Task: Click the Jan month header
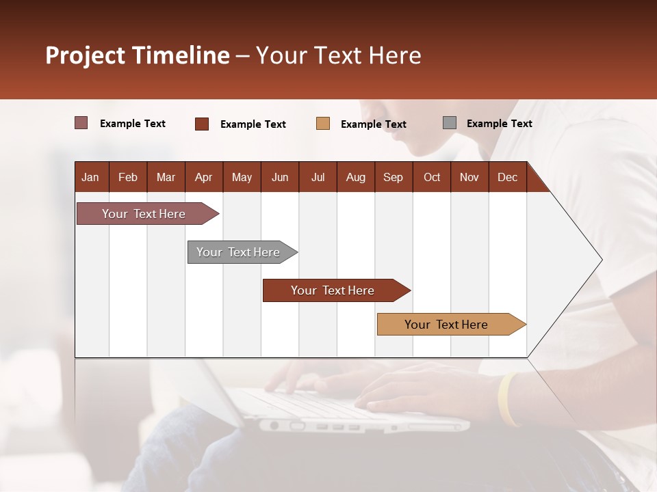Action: tap(90, 177)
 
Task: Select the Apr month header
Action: tap(203, 177)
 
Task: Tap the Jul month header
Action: tap(318, 177)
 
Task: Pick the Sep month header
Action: tap(393, 177)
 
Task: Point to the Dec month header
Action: tap(507, 177)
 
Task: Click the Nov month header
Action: tap(469, 177)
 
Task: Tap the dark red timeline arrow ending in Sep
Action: tap(333, 290)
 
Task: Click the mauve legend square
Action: tap(81, 123)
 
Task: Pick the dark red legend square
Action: tap(202, 124)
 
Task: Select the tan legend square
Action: tap(323, 123)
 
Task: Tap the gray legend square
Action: tap(450, 123)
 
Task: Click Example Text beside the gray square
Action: tap(499, 123)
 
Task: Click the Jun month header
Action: tap(279, 177)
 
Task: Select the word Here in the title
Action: tap(395, 55)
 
